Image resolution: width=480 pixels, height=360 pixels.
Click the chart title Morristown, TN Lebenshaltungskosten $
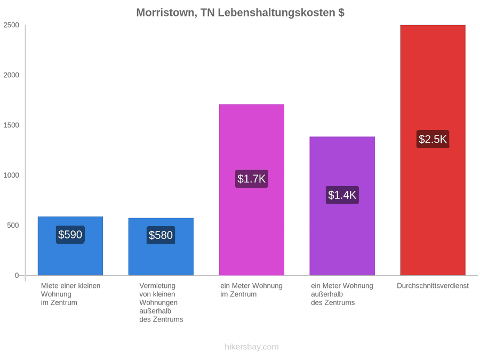click(241, 13)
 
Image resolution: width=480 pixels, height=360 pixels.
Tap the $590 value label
click(70, 235)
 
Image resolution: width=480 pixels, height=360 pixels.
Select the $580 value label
click(161, 235)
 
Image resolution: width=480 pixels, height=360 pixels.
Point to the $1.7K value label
click(252, 179)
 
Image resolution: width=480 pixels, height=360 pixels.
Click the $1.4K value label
click(342, 195)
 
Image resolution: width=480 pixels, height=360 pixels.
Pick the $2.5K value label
click(433, 139)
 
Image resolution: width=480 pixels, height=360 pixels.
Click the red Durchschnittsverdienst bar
click(433, 150)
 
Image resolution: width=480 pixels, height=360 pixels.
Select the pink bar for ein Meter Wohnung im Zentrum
click(252, 190)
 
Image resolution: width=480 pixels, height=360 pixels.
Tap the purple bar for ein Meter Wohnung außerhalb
click(342, 206)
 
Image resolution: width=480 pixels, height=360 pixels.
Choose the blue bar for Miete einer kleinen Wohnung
click(70, 246)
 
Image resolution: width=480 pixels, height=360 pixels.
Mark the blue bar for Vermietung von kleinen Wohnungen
click(161, 247)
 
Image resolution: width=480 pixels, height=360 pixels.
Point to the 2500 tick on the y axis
click(11, 25)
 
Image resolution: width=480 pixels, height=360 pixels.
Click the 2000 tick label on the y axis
click(11, 75)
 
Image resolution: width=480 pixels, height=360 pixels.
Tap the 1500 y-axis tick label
click(11, 125)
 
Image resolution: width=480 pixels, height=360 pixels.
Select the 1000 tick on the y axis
click(11, 175)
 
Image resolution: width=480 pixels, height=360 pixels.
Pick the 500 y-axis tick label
click(13, 225)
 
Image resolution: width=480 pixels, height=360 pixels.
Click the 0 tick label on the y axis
click(17, 276)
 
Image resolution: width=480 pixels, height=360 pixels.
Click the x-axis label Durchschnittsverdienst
click(433, 286)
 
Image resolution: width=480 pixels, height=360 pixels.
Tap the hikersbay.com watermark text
click(252, 347)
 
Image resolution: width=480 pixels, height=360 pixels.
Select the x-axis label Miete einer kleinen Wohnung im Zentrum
click(71, 294)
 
